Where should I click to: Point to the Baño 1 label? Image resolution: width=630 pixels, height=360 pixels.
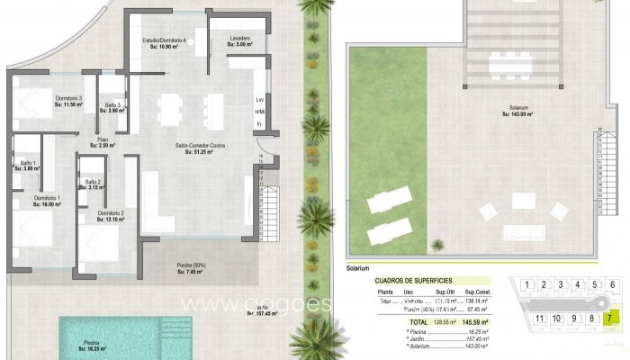click(27, 165)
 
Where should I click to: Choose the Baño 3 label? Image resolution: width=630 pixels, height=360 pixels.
click(112, 107)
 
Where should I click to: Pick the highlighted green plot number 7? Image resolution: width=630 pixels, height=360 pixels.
click(611, 318)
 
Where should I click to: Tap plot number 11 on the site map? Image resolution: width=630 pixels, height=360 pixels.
click(539, 318)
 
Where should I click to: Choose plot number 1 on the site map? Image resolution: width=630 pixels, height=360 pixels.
click(522, 285)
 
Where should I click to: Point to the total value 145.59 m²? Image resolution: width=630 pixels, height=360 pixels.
click(472, 321)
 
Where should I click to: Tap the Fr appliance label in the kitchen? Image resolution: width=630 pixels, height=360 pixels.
click(259, 122)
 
